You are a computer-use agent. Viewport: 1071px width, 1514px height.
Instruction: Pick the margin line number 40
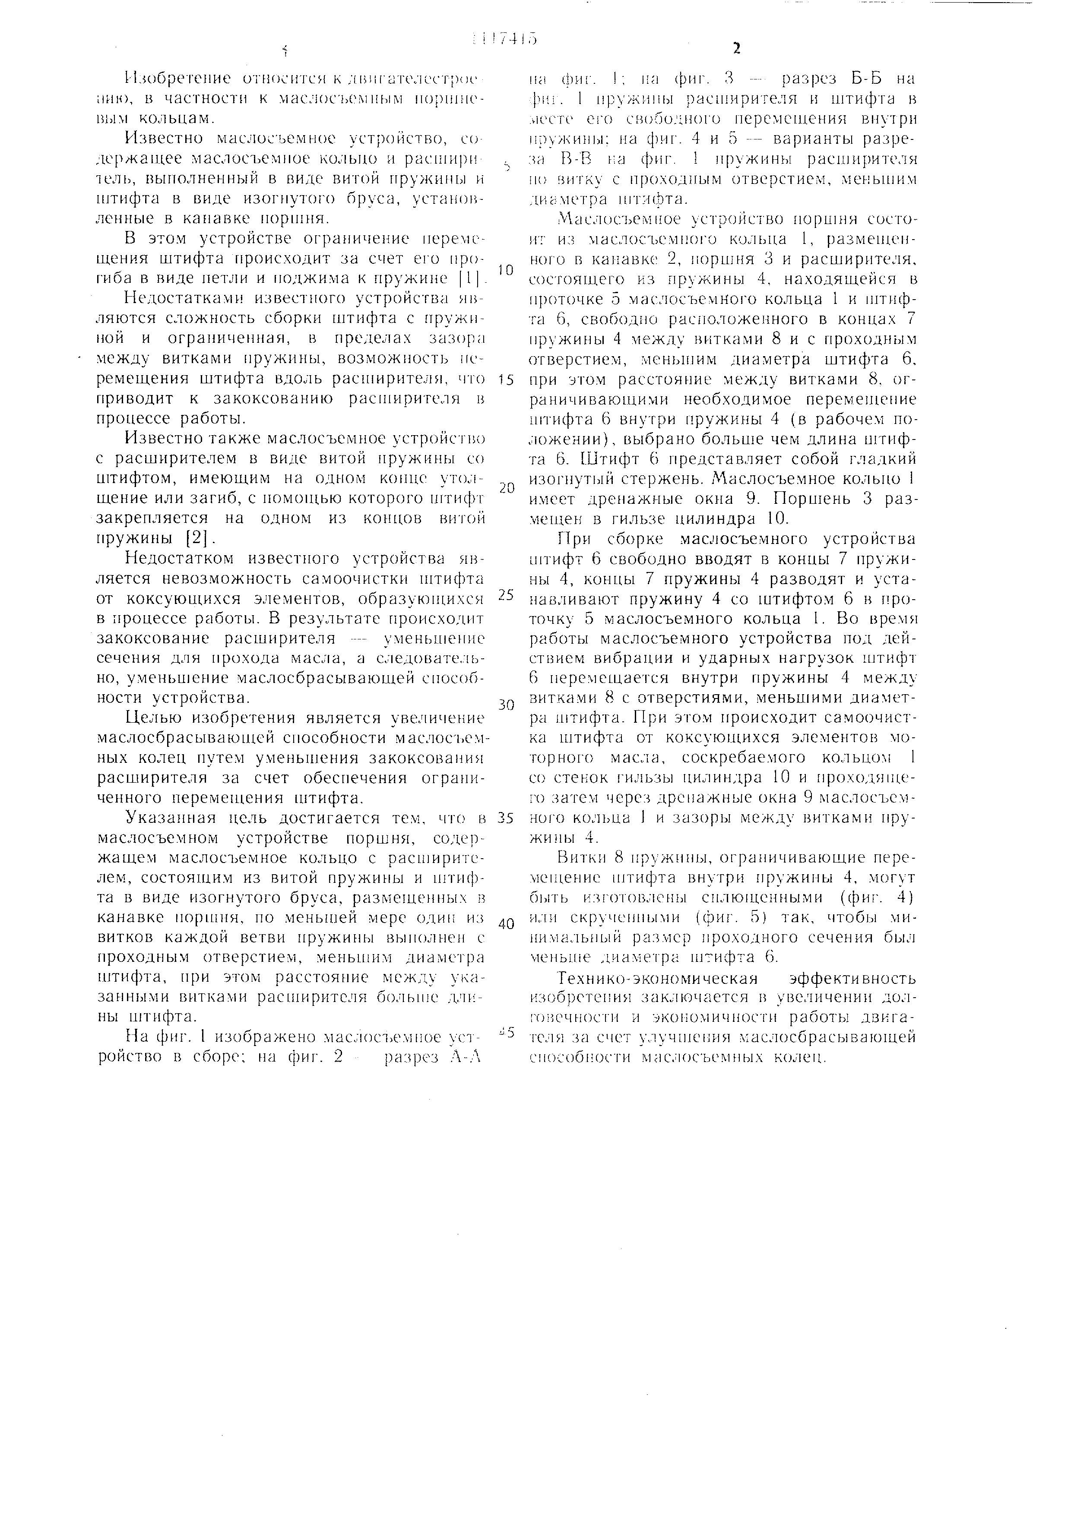pyautogui.click(x=506, y=924)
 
